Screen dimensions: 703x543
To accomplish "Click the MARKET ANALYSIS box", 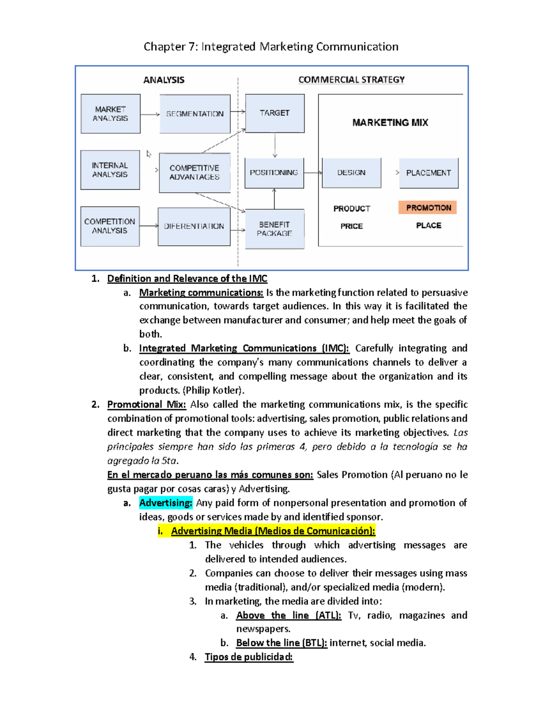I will pyautogui.click(x=110, y=114).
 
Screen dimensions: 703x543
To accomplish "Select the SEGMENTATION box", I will pyautogui.click(x=195, y=114).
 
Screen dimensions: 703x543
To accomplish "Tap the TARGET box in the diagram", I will pyautogui.click(x=275, y=113).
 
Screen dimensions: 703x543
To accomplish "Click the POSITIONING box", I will pyautogui.click(x=274, y=172).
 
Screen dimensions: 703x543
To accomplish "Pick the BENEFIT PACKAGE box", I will pyautogui.click(x=274, y=229).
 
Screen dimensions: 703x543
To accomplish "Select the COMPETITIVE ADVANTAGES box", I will pyautogui.click(x=195, y=172).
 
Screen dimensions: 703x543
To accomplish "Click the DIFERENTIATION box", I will pyautogui.click(x=194, y=226).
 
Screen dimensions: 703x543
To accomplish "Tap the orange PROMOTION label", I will pyautogui.click(x=428, y=207).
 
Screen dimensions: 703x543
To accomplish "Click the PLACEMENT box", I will pyautogui.click(x=429, y=172).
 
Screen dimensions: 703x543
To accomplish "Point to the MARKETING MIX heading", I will pyautogui.click(x=390, y=123).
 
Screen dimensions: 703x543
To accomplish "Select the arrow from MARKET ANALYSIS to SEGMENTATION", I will pyautogui.click(x=150, y=114).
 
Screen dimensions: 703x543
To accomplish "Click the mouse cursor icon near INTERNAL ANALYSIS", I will pyautogui.click(x=148, y=154).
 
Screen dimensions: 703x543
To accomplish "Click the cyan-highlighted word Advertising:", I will pyautogui.click(x=166, y=502).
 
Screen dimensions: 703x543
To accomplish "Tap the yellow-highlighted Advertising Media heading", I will pyautogui.click(x=273, y=531).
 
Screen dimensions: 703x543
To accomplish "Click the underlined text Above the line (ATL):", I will pyautogui.click(x=288, y=615).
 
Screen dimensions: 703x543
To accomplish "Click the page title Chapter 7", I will pyautogui.click(x=271, y=47).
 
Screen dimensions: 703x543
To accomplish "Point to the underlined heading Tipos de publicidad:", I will pyautogui.click(x=249, y=657).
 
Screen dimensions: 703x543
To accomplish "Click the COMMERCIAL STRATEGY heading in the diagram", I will pyautogui.click(x=351, y=80).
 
